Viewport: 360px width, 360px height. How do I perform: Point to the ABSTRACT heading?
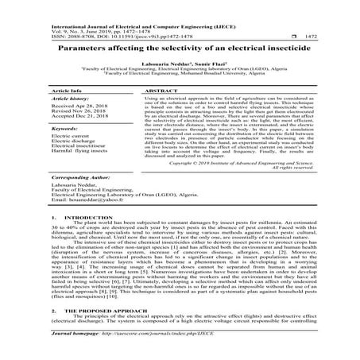point(153,91)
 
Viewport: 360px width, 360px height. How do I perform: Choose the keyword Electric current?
point(72,146)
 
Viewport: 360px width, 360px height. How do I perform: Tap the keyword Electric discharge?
point(74,153)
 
